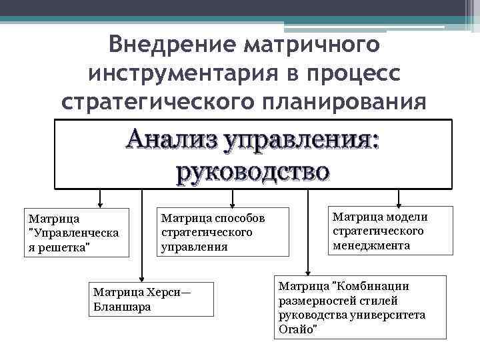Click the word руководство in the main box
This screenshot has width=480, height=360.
point(252,171)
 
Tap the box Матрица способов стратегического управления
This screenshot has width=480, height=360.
point(222,232)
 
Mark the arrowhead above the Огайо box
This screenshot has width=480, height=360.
point(307,270)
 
